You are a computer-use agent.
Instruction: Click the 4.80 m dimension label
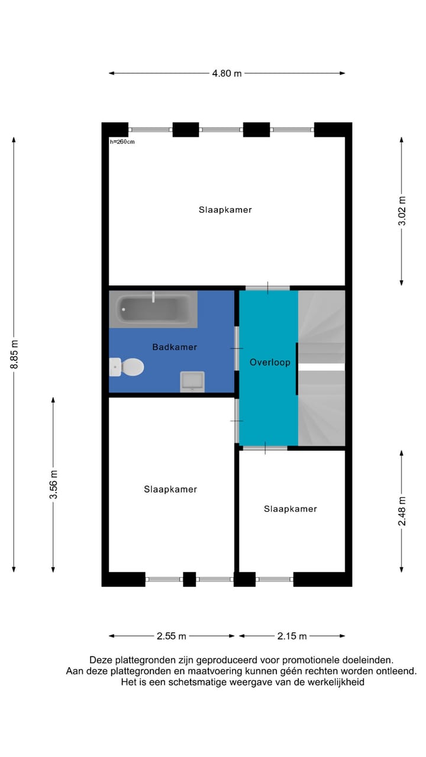tap(227, 73)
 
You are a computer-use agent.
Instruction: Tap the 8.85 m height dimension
tap(14, 354)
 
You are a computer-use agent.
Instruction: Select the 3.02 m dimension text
tap(402, 211)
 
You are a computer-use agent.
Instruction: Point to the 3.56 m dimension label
tap(53, 484)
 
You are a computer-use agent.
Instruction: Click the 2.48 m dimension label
tap(402, 511)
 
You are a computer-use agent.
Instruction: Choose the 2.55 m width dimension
tap(172, 636)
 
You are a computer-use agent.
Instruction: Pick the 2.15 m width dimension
tap(292, 636)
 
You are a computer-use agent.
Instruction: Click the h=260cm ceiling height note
tap(122, 142)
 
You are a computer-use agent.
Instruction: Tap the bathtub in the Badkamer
tap(153, 309)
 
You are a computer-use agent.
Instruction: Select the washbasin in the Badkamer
tap(192, 381)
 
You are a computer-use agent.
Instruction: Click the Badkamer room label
tap(175, 347)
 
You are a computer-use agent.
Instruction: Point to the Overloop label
tap(270, 362)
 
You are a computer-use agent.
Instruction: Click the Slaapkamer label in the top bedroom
tap(225, 210)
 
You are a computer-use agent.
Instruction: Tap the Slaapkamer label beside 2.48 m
tap(290, 509)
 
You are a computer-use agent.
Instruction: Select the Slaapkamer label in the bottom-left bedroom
tap(170, 489)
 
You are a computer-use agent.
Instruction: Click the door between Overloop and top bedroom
tap(267, 288)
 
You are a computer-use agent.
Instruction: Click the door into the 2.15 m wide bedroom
tap(264, 448)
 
